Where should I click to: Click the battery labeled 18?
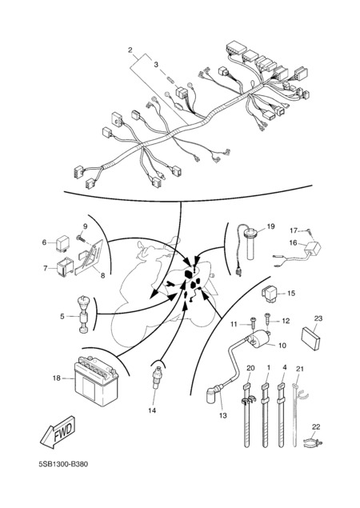[96, 382]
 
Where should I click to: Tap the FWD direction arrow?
[58, 432]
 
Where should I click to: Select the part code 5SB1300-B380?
[63, 464]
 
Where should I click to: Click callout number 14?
[152, 410]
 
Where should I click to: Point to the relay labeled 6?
[62, 242]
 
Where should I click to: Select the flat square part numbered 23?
[310, 338]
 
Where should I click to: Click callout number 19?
[270, 226]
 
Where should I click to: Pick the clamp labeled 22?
[313, 442]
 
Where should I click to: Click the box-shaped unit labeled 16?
[312, 249]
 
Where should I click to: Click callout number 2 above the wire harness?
[130, 50]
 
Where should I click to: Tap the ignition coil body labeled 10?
[259, 339]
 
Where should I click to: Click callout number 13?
[223, 415]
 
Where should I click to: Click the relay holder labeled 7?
[65, 267]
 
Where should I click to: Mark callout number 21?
[300, 369]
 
